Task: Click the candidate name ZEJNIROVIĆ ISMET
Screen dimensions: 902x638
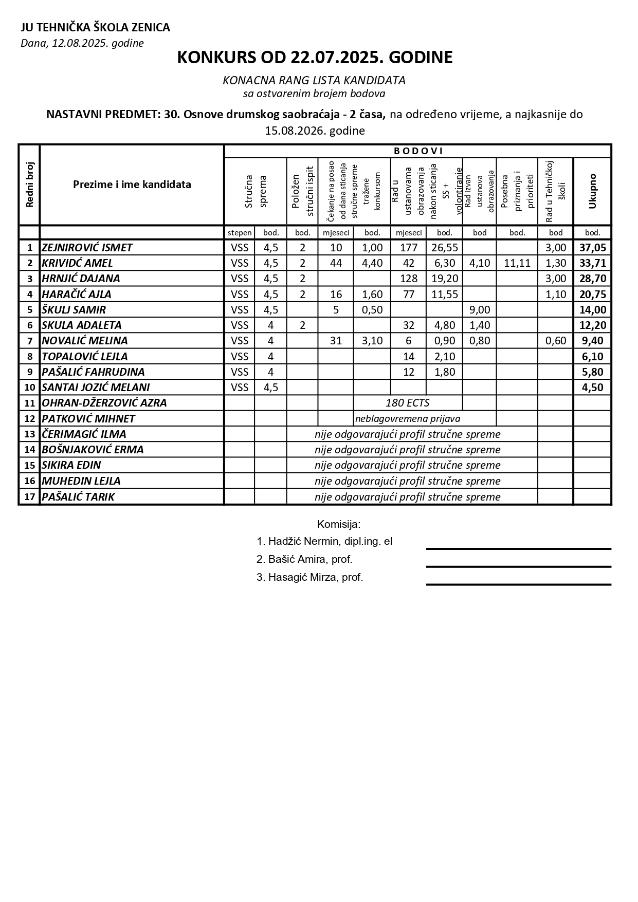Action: (87, 248)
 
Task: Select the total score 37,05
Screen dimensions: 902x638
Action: (592, 248)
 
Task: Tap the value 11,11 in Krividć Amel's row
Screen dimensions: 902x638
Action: (517, 263)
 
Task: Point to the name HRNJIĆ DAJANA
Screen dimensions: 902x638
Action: (81, 279)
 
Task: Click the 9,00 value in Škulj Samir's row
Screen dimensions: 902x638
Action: (480, 310)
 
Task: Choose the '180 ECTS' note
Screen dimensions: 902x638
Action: (408, 403)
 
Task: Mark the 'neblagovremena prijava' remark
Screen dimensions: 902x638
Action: (408, 419)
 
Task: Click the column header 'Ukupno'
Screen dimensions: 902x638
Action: (592, 191)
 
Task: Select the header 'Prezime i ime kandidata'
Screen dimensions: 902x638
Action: (132, 185)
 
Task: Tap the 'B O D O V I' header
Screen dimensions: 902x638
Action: (418, 151)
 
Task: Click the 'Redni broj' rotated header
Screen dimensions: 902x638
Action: (29, 185)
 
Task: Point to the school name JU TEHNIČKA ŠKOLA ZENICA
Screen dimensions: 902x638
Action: (95, 28)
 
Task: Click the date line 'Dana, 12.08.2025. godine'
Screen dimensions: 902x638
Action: (82, 43)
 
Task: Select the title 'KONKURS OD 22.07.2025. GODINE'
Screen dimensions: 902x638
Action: (315, 58)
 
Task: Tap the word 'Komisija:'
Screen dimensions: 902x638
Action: (339, 525)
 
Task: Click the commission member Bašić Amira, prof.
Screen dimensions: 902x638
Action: (304, 560)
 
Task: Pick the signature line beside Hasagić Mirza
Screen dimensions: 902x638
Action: (518, 584)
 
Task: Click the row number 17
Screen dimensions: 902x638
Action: (29, 497)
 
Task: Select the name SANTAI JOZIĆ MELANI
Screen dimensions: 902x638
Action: (96, 388)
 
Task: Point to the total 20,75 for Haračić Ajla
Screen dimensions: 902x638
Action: (592, 294)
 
